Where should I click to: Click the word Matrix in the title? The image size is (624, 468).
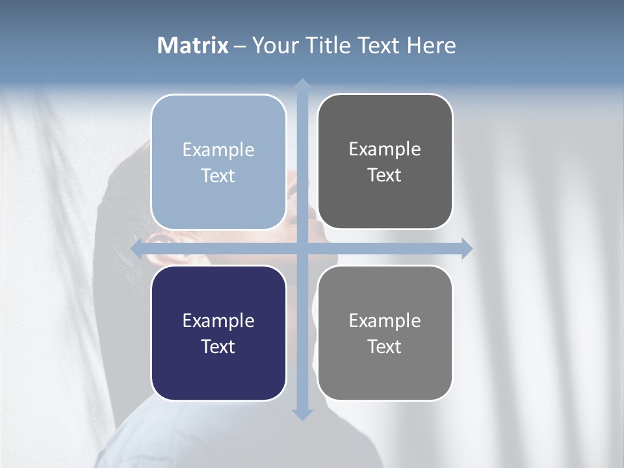pyautogui.click(x=193, y=45)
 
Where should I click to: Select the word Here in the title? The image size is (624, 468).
pyautogui.click(x=431, y=45)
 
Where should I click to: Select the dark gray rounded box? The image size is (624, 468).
pyautogui.click(x=385, y=201)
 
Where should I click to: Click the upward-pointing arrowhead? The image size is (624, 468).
pyautogui.click(x=302, y=84)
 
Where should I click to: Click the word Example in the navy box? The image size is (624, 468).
pyautogui.click(x=218, y=321)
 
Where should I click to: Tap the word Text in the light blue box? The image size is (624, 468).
pyautogui.click(x=218, y=176)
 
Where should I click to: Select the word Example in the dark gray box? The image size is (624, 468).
pyautogui.click(x=385, y=149)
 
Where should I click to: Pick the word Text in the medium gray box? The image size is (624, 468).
pyautogui.click(x=385, y=347)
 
